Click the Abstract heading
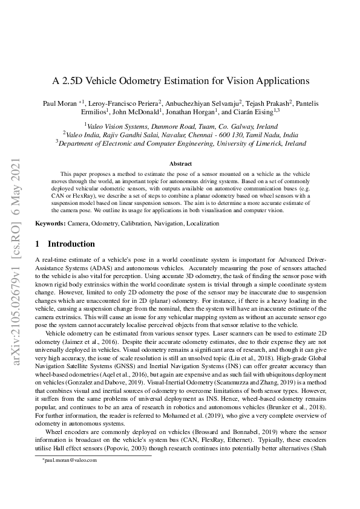coord(180,164)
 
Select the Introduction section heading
coord(71,244)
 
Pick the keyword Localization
coord(201,224)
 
